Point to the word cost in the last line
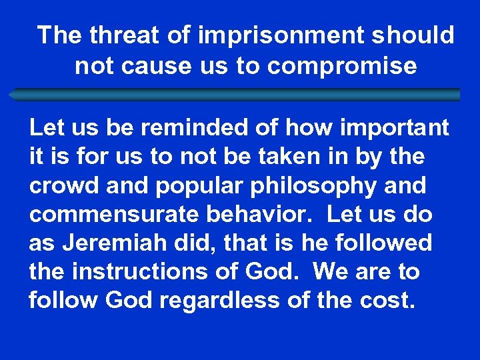pyautogui.click(x=390, y=301)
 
